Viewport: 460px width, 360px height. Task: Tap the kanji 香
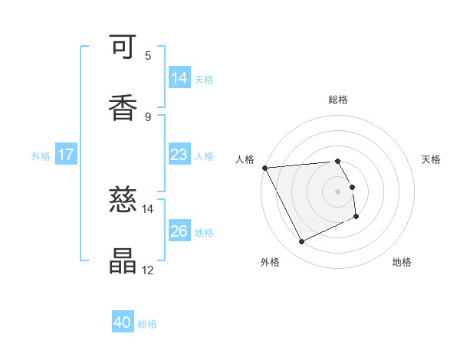pos(123,108)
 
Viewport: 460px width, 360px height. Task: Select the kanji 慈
pos(123,201)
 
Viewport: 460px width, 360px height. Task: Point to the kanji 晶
pos(123,261)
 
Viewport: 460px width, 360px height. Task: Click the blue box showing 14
pos(179,78)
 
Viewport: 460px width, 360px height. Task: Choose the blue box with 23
pos(179,155)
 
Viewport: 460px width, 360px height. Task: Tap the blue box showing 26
pos(179,231)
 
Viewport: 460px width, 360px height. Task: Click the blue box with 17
pos(66,155)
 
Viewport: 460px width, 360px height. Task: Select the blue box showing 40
pos(123,323)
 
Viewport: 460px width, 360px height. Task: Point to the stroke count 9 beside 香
pos(148,116)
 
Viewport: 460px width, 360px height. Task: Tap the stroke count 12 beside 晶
pos(148,270)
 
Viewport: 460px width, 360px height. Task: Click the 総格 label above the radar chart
pos(338,100)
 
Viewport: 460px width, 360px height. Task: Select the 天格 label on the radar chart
pos(432,159)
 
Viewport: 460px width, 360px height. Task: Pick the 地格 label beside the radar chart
pos(402,263)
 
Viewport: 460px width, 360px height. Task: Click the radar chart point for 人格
pos(264,168)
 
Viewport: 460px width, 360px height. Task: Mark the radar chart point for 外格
pos(301,242)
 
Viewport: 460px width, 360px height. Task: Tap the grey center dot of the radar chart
pos(338,191)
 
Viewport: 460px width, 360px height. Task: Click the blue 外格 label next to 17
pos(41,156)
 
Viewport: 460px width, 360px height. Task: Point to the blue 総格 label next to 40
pos(147,325)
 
